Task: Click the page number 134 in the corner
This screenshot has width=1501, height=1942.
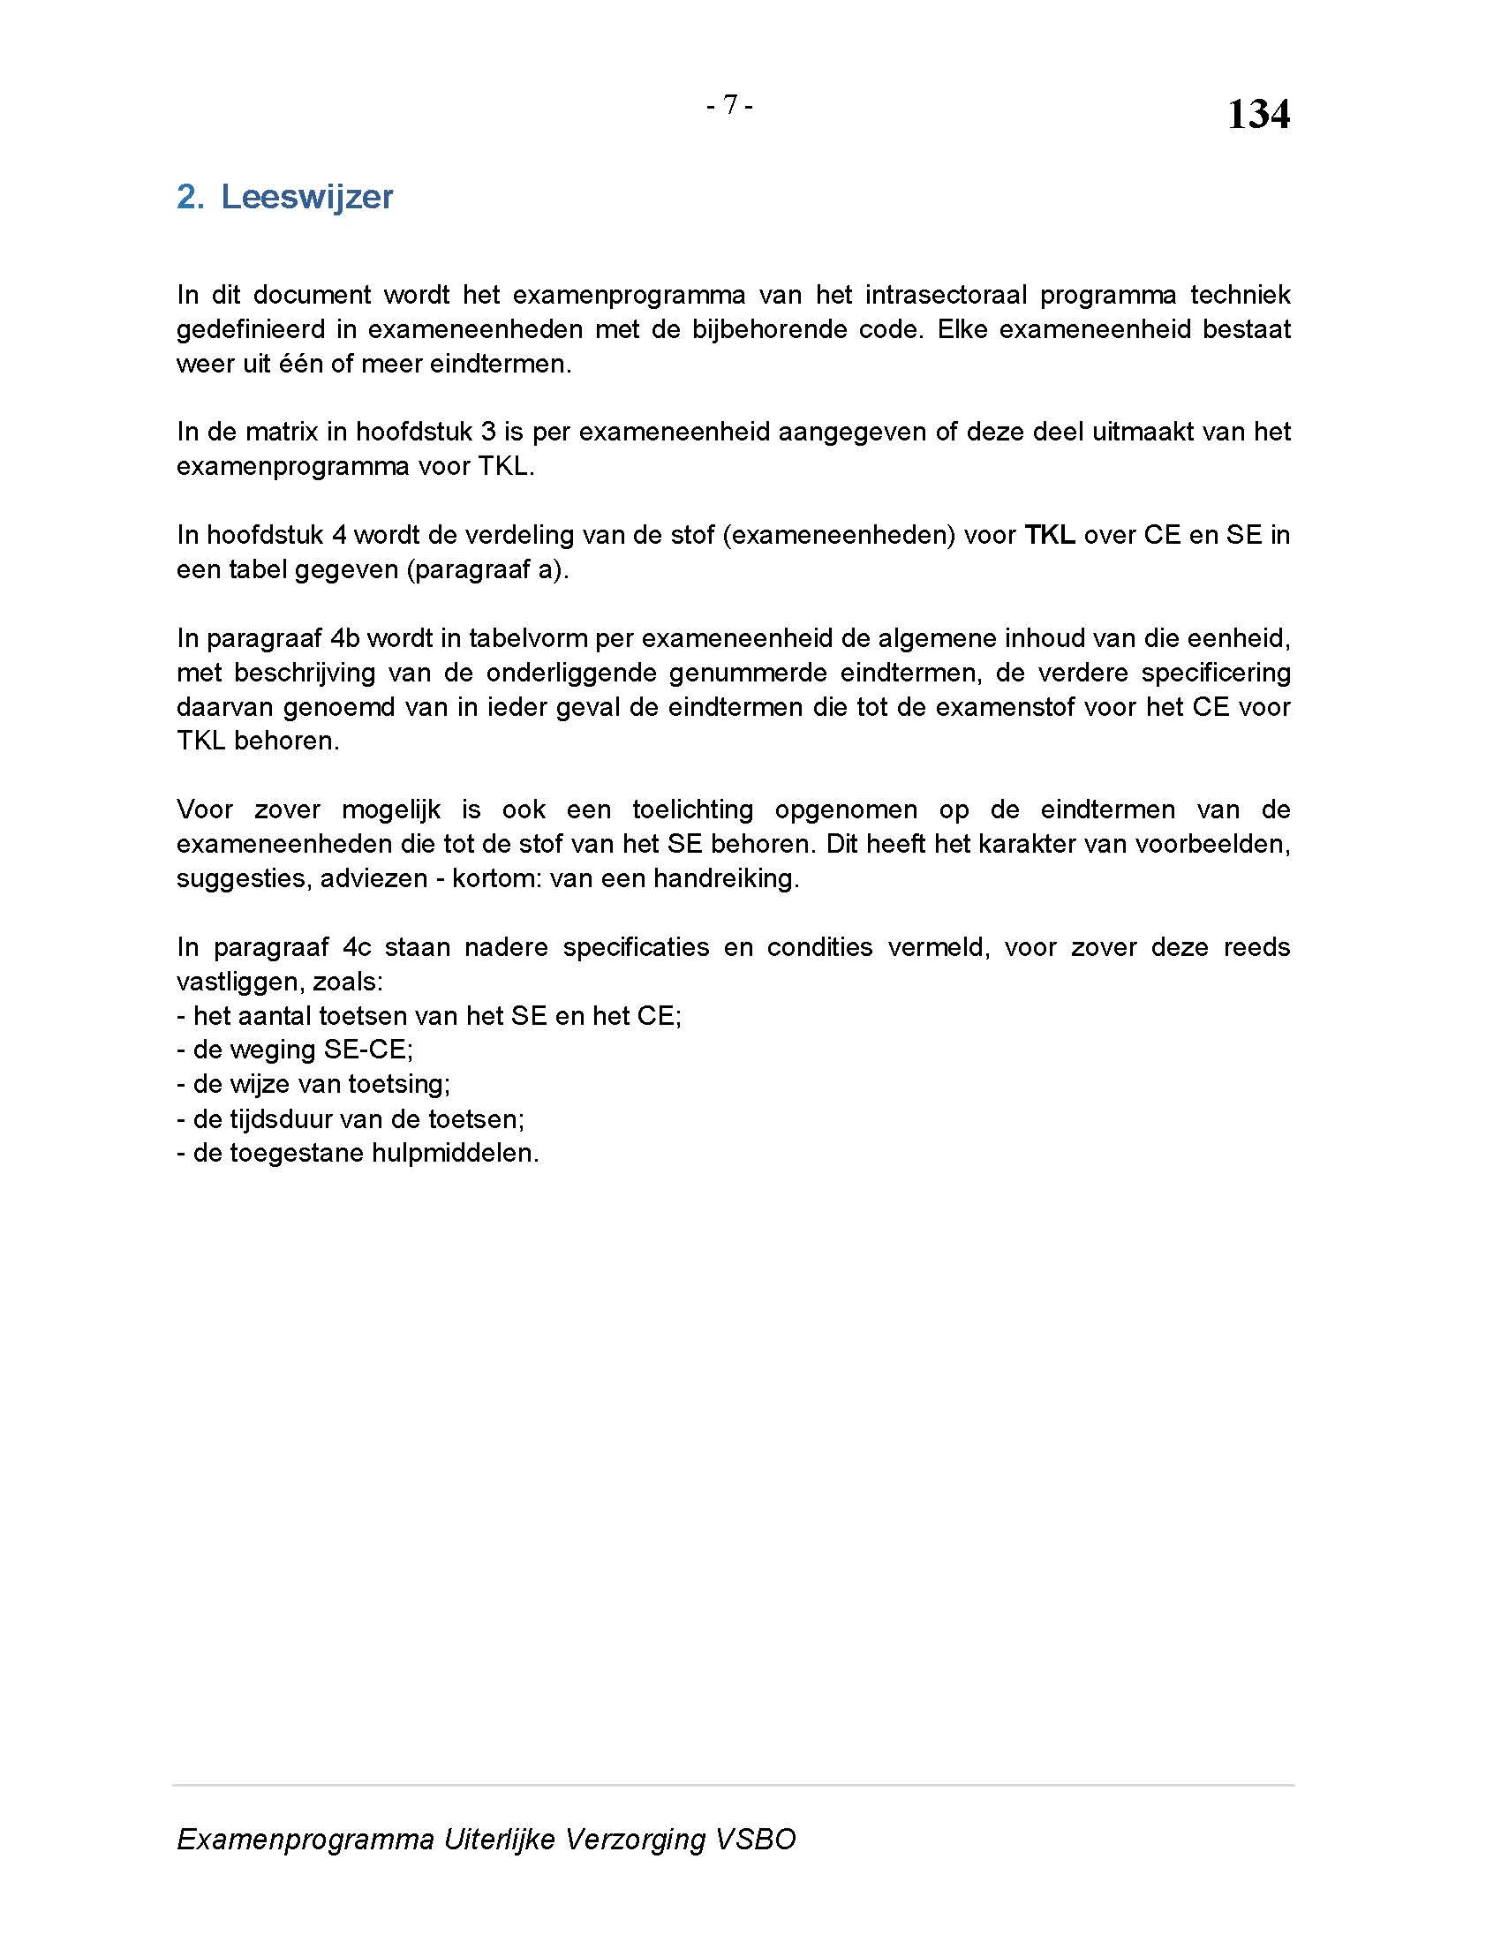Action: [1257, 115]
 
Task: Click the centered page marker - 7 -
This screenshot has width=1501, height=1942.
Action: [729, 105]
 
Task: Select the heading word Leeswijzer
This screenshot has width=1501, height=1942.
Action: [305, 197]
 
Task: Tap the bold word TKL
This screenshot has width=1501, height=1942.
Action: [1049, 534]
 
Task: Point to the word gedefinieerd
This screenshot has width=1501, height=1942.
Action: [250, 329]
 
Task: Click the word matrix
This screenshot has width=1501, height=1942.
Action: [281, 432]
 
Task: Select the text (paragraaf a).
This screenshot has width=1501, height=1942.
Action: [487, 569]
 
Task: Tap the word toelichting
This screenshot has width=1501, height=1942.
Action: [693, 809]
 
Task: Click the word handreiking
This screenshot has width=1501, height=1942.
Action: [726, 878]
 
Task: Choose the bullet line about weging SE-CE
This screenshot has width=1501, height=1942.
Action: [295, 1050]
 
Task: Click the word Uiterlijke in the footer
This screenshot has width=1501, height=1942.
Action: [499, 1839]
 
